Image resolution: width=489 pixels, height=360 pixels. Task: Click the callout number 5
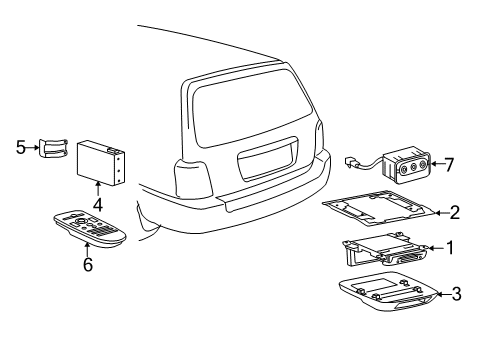21,147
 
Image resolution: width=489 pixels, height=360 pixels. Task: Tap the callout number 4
98,204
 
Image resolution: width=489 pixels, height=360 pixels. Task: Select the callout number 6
88,264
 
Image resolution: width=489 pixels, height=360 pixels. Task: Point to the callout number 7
449,164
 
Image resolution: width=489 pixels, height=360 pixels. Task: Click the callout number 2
455,213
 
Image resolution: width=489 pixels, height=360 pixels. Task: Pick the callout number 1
450,248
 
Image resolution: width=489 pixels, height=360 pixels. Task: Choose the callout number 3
456,294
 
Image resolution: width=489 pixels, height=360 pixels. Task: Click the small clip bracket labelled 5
54,147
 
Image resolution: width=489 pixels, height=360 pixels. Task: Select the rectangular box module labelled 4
101,162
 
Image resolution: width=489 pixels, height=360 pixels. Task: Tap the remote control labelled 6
90,228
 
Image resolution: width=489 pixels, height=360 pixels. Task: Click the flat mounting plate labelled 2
378,208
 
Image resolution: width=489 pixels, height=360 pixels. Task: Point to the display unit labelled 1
384,249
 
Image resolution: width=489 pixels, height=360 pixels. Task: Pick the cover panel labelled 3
389,294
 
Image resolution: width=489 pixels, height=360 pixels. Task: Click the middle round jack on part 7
413,168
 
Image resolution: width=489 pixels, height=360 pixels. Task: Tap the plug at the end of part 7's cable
351,163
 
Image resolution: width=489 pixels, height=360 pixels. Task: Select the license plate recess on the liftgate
267,159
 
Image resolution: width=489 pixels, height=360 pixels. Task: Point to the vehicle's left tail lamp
193,178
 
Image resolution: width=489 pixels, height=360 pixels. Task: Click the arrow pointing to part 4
98,188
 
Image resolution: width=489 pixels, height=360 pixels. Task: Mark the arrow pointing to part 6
87,250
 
